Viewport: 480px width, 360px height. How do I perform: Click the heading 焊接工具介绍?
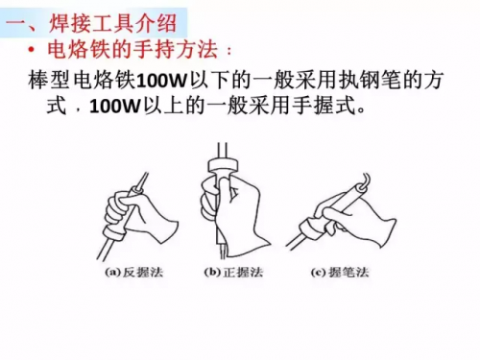112,23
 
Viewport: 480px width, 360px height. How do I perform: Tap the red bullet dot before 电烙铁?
32,50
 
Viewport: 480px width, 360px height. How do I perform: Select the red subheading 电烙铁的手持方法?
132,49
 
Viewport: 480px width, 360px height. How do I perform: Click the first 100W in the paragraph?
161,81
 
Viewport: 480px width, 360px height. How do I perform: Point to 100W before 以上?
115,107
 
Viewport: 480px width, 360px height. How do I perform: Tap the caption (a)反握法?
133,273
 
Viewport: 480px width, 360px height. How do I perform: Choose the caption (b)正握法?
233,273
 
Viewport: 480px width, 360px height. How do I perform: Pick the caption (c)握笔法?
340,273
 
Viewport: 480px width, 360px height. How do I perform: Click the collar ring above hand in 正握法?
223,166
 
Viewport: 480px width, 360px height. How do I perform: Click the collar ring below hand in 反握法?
114,234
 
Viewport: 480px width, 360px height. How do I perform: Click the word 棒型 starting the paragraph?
49,80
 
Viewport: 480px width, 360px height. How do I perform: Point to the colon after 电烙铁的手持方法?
228,51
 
